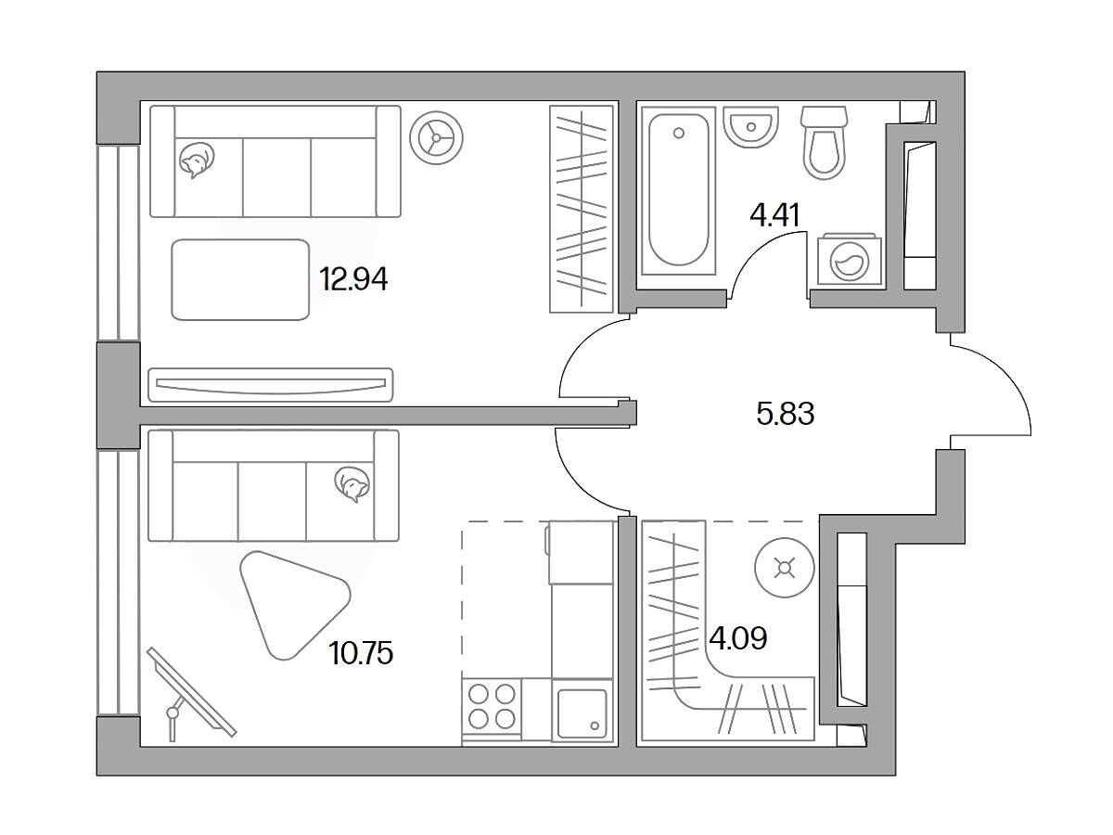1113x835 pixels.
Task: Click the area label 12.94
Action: (x=353, y=279)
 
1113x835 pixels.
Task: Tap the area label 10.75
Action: (x=361, y=653)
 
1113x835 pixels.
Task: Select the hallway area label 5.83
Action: (x=786, y=413)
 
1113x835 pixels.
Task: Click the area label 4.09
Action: (x=737, y=639)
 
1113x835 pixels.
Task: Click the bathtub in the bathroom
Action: (x=678, y=190)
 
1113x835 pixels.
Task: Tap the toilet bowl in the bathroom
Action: (x=824, y=143)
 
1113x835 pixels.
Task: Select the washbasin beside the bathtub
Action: (x=750, y=127)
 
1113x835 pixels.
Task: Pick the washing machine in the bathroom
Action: (x=850, y=261)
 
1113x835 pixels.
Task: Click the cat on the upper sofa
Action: (x=197, y=160)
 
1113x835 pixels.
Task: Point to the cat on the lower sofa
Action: (x=352, y=484)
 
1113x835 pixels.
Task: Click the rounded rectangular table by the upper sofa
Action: (x=240, y=280)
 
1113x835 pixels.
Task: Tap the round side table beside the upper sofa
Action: (x=436, y=138)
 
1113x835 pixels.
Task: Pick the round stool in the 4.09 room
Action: (x=785, y=568)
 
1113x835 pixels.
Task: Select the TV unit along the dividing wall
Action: (x=271, y=385)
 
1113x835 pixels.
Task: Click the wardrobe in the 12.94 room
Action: (x=582, y=209)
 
